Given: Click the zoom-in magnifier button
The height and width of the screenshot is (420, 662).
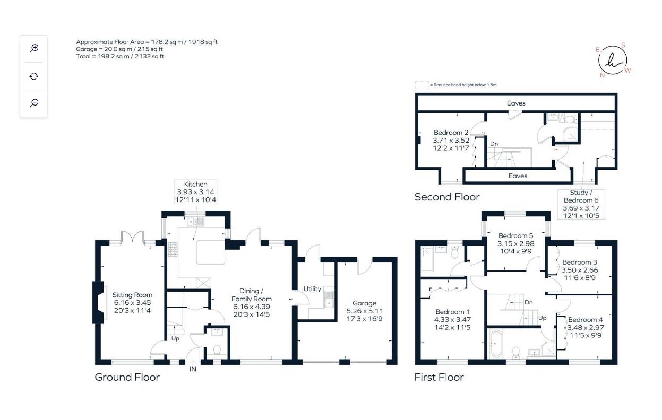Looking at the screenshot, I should [x=34, y=48].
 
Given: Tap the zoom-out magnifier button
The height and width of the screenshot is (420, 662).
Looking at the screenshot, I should [x=34, y=103].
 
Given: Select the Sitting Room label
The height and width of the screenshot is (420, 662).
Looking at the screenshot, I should [x=133, y=295].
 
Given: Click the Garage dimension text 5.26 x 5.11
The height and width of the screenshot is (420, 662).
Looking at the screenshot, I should [x=364, y=311].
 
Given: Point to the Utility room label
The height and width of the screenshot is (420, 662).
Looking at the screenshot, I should [x=312, y=289].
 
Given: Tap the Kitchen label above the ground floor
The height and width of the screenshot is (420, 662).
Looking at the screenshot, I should [x=196, y=184].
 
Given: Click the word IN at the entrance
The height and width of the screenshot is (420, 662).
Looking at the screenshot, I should [x=193, y=369].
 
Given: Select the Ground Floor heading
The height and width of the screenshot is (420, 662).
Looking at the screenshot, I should [x=127, y=377].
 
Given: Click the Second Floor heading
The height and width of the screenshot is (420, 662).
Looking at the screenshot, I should [x=446, y=197].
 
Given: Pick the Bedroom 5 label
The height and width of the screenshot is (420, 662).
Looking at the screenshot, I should [x=515, y=236].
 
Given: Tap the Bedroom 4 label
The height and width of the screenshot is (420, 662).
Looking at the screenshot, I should [x=585, y=320].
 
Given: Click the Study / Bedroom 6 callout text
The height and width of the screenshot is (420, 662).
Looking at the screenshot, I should [x=581, y=200].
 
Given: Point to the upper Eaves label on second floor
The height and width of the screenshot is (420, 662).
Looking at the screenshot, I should [x=517, y=103].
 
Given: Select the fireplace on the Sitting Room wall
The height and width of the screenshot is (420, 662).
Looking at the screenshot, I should [x=98, y=302].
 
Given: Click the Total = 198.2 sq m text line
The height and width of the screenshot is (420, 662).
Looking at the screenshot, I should [x=120, y=56].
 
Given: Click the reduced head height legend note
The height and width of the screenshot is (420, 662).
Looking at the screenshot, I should [x=462, y=85].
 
